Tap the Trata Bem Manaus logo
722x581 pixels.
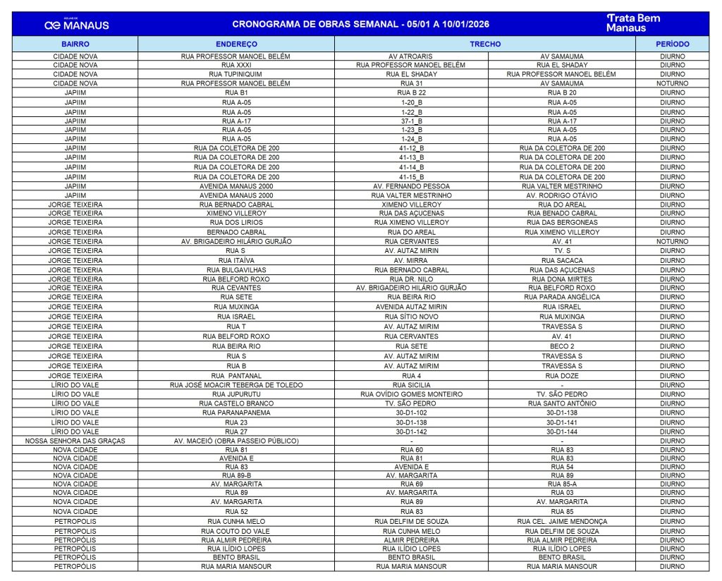click(633, 23)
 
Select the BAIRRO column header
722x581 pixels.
click(75, 44)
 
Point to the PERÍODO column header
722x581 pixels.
click(672, 44)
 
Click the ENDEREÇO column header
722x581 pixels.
click(236, 44)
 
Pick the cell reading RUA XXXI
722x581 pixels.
click(236, 65)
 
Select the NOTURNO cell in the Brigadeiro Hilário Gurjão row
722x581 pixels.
click(672, 241)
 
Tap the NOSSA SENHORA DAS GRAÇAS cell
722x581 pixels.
click(75, 440)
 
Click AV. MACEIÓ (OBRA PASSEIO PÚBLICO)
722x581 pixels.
click(236, 440)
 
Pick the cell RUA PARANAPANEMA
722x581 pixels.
click(236, 412)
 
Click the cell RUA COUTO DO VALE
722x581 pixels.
click(236, 531)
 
